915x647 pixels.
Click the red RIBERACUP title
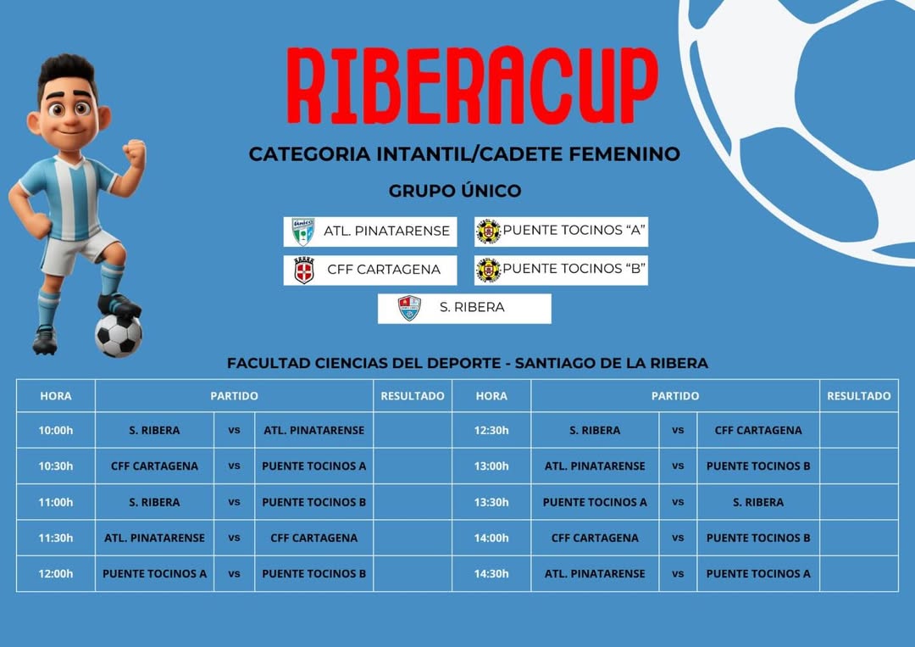click(x=472, y=86)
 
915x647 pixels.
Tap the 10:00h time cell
click(x=56, y=431)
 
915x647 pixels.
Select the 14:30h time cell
click(x=491, y=574)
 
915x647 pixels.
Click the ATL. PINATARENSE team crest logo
click(x=302, y=231)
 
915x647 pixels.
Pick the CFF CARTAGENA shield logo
click(x=303, y=271)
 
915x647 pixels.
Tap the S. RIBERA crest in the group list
click(x=409, y=309)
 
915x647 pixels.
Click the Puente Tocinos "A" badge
click(x=489, y=231)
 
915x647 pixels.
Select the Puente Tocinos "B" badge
click(x=489, y=271)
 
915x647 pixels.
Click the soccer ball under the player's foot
click(x=118, y=336)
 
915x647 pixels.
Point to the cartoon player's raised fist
click(x=135, y=153)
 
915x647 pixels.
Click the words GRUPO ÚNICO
click(x=455, y=191)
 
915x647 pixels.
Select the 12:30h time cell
click(x=491, y=431)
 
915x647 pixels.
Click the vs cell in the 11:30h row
click(x=234, y=538)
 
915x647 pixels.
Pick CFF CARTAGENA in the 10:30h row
click(x=155, y=466)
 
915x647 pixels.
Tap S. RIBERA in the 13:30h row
click(x=758, y=502)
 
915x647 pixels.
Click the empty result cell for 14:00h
click(x=859, y=538)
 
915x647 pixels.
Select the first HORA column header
click(x=56, y=396)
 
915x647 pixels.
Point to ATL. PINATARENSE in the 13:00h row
click(x=595, y=466)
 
